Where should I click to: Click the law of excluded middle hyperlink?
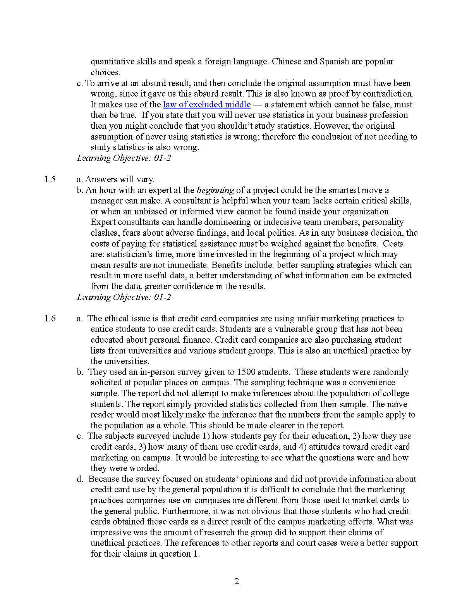pyautogui.click(x=207, y=105)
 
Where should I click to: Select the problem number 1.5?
pyautogui.click(x=50, y=179)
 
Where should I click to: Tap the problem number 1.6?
pyautogui.click(x=50, y=319)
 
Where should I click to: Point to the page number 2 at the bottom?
pyautogui.click(x=237, y=581)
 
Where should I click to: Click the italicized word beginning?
pyautogui.click(x=215, y=190)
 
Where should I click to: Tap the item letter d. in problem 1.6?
pyautogui.click(x=80, y=479)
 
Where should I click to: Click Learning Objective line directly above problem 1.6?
pyautogui.click(x=124, y=297)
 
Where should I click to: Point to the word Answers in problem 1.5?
pyautogui.click(x=100, y=179)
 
